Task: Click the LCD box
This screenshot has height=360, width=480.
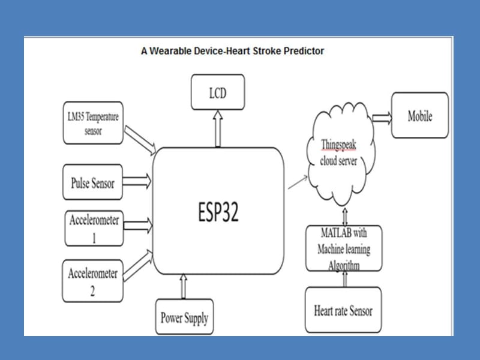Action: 218,92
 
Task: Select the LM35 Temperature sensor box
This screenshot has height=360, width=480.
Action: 93,123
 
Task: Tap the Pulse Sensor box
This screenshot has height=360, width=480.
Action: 92,182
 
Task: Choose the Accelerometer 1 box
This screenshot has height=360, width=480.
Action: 94,228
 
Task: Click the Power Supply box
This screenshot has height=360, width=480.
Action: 184,317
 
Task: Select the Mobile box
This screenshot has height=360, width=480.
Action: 420,116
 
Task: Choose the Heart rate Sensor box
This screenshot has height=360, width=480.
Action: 343,310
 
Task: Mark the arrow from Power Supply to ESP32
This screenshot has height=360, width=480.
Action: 184,286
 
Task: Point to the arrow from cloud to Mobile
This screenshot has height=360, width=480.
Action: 382,117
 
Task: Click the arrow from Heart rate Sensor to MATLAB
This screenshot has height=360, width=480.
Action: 344,279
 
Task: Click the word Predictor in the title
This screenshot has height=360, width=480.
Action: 303,51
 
